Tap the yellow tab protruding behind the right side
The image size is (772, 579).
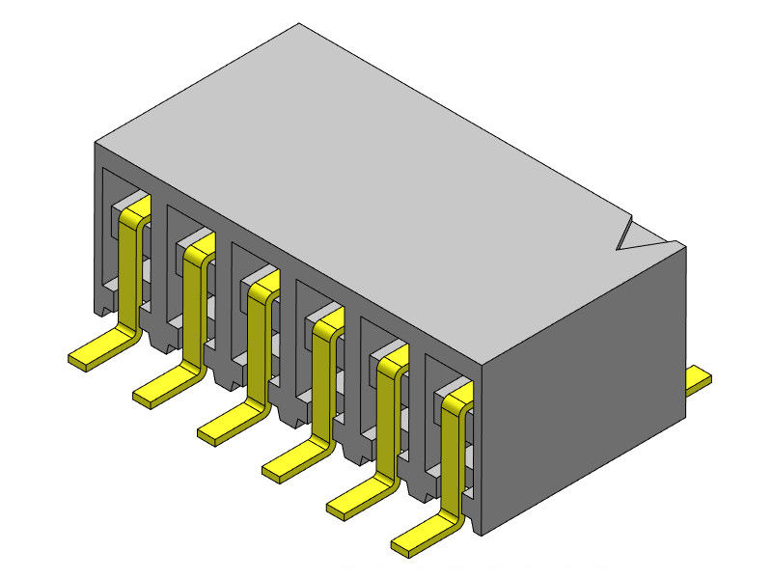coord(700,379)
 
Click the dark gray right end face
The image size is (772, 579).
coord(589,386)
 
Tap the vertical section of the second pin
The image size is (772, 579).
coord(191,309)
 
